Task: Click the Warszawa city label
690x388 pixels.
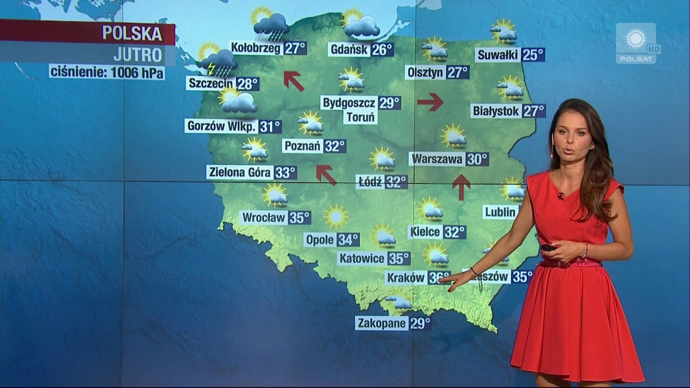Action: (x=437, y=160)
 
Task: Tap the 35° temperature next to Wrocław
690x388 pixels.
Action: (x=300, y=218)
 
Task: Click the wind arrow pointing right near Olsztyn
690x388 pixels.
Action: (x=430, y=101)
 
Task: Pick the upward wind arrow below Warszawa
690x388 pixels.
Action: (x=461, y=186)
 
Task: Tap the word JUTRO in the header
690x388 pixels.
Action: (x=138, y=55)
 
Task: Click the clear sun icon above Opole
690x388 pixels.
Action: (x=336, y=216)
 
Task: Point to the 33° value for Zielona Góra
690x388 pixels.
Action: (x=285, y=172)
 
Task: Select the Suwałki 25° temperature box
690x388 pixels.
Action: (x=533, y=55)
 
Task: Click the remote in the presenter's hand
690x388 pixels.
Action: (x=548, y=247)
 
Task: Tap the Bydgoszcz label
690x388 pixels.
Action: (x=349, y=103)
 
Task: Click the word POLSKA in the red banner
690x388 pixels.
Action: (x=132, y=33)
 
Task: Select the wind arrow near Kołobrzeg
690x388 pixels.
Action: (x=294, y=80)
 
